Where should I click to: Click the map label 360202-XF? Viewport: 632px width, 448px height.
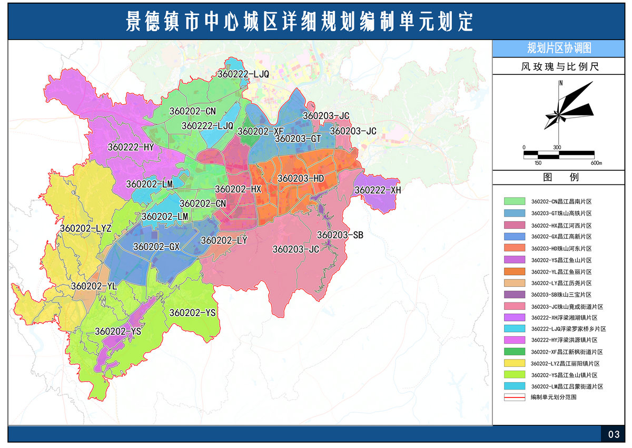tap(261, 131)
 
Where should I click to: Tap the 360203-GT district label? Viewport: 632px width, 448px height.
tap(298, 139)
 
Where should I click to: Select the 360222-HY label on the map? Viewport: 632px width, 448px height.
tap(131, 147)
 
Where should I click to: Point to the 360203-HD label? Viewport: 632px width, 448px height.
tap(301, 179)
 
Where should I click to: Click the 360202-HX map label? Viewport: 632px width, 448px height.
tap(238, 189)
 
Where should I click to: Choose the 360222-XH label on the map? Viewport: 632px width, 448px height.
tap(378, 190)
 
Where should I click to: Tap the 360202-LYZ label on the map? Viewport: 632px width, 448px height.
tap(86, 228)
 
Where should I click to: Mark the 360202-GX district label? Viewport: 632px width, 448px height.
tap(156, 247)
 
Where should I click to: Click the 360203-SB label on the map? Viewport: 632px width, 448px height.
tap(340, 235)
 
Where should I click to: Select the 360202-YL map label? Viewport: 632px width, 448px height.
tap(93, 286)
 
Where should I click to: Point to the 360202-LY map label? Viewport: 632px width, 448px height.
tap(224, 240)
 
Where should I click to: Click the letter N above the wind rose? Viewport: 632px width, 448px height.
tap(561, 83)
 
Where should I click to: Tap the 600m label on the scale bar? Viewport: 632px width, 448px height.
tap(596, 163)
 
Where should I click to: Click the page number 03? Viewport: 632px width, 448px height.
tap(614, 435)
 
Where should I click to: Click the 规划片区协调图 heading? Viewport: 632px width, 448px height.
tap(559, 48)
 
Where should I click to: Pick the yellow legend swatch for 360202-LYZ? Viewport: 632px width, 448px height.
tap(515, 364)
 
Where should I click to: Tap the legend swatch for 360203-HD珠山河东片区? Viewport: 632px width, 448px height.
tap(515, 248)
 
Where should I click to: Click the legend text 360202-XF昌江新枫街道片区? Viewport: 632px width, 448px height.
tap(567, 352)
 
